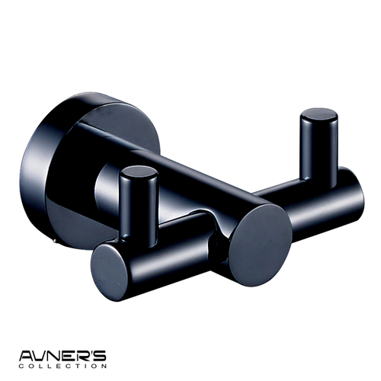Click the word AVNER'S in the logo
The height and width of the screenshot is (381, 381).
62,356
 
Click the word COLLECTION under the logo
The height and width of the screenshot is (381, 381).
62,366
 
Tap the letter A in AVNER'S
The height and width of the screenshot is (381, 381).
26,356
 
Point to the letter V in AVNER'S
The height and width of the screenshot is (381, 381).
40,356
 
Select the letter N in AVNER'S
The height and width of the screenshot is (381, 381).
56,356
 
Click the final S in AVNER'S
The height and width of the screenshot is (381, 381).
100,356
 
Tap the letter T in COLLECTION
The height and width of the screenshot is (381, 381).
78,366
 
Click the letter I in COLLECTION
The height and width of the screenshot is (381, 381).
87,366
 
